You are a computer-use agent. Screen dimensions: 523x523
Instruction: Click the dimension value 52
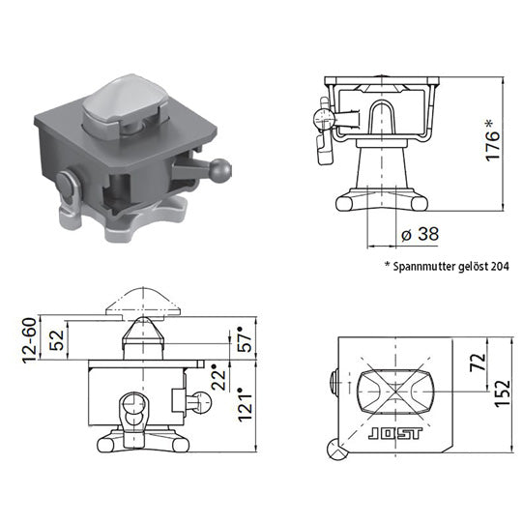57,341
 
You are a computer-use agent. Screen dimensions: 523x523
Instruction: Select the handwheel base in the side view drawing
381,201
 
